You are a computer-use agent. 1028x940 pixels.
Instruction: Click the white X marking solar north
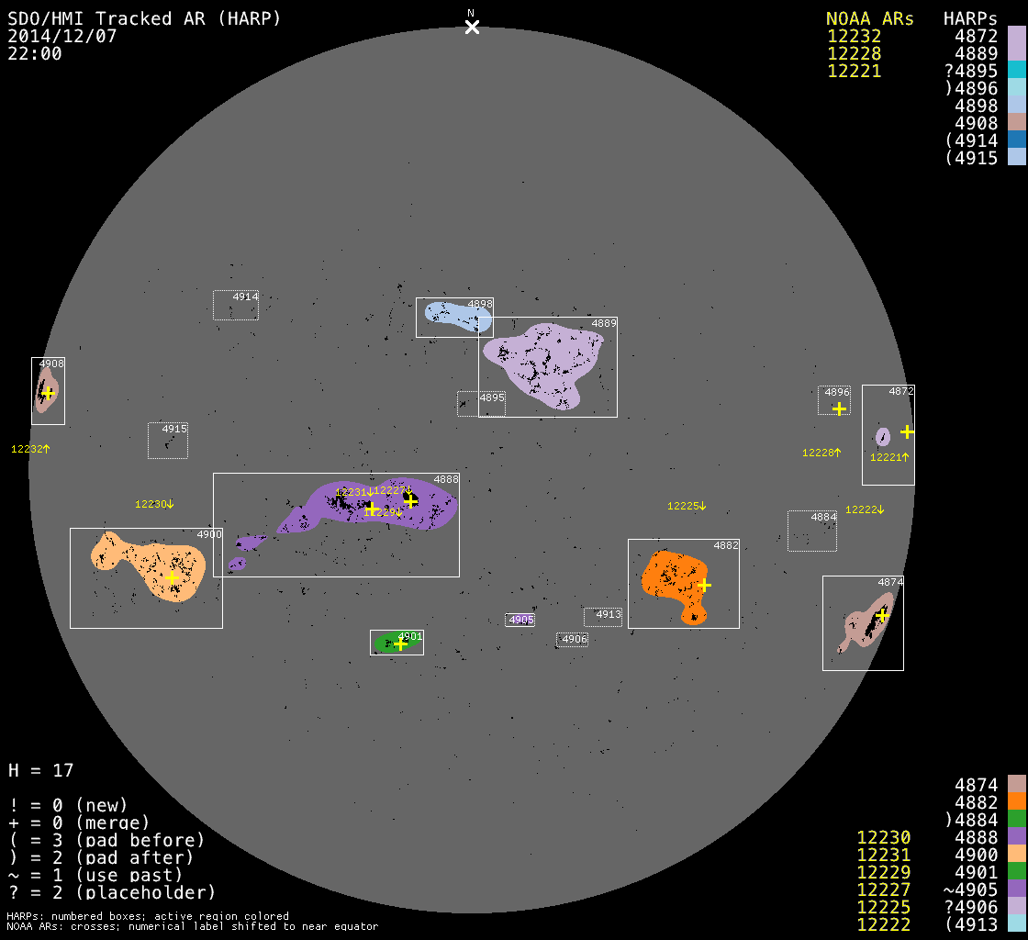pyautogui.click(x=472, y=27)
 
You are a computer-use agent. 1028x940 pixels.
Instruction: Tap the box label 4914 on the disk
pyautogui.click(x=245, y=297)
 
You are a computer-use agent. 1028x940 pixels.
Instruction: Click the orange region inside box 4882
pyautogui.click(x=671, y=577)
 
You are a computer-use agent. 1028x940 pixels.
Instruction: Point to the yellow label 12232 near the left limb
pyautogui.click(x=30, y=449)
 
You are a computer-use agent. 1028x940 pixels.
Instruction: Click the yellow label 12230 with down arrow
pyautogui.click(x=154, y=504)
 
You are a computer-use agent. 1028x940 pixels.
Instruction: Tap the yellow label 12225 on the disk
pyautogui.click(x=687, y=506)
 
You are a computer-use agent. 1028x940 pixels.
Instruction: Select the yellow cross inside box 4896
pyautogui.click(x=839, y=408)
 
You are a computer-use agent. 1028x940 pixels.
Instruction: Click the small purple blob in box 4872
pyautogui.click(x=883, y=436)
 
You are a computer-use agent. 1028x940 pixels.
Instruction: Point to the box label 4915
pyautogui.click(x=174, y=429)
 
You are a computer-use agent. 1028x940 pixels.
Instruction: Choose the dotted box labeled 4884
pyautogui.click(x=812, y=532)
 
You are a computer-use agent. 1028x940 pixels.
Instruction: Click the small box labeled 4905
pyautogui.click(x=520, y=620)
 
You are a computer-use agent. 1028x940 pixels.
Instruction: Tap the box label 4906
pyautogui.click(x=575, y=639)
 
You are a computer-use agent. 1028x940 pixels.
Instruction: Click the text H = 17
pyautogui.click(x=40, y=770)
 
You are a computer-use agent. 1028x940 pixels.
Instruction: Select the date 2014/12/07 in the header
pyautogui.click(x=61, y=36)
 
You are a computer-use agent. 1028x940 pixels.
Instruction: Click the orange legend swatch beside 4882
pyautogui.click(x=1016, y=801)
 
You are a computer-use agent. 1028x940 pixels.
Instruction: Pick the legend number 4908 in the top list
pyautogui.click(x=976, y=123)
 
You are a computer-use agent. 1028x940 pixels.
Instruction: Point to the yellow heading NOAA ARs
pyautogui.click(x=870, y=18)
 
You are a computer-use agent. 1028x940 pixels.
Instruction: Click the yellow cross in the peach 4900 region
pyautogui.click(x=172, y=577)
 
